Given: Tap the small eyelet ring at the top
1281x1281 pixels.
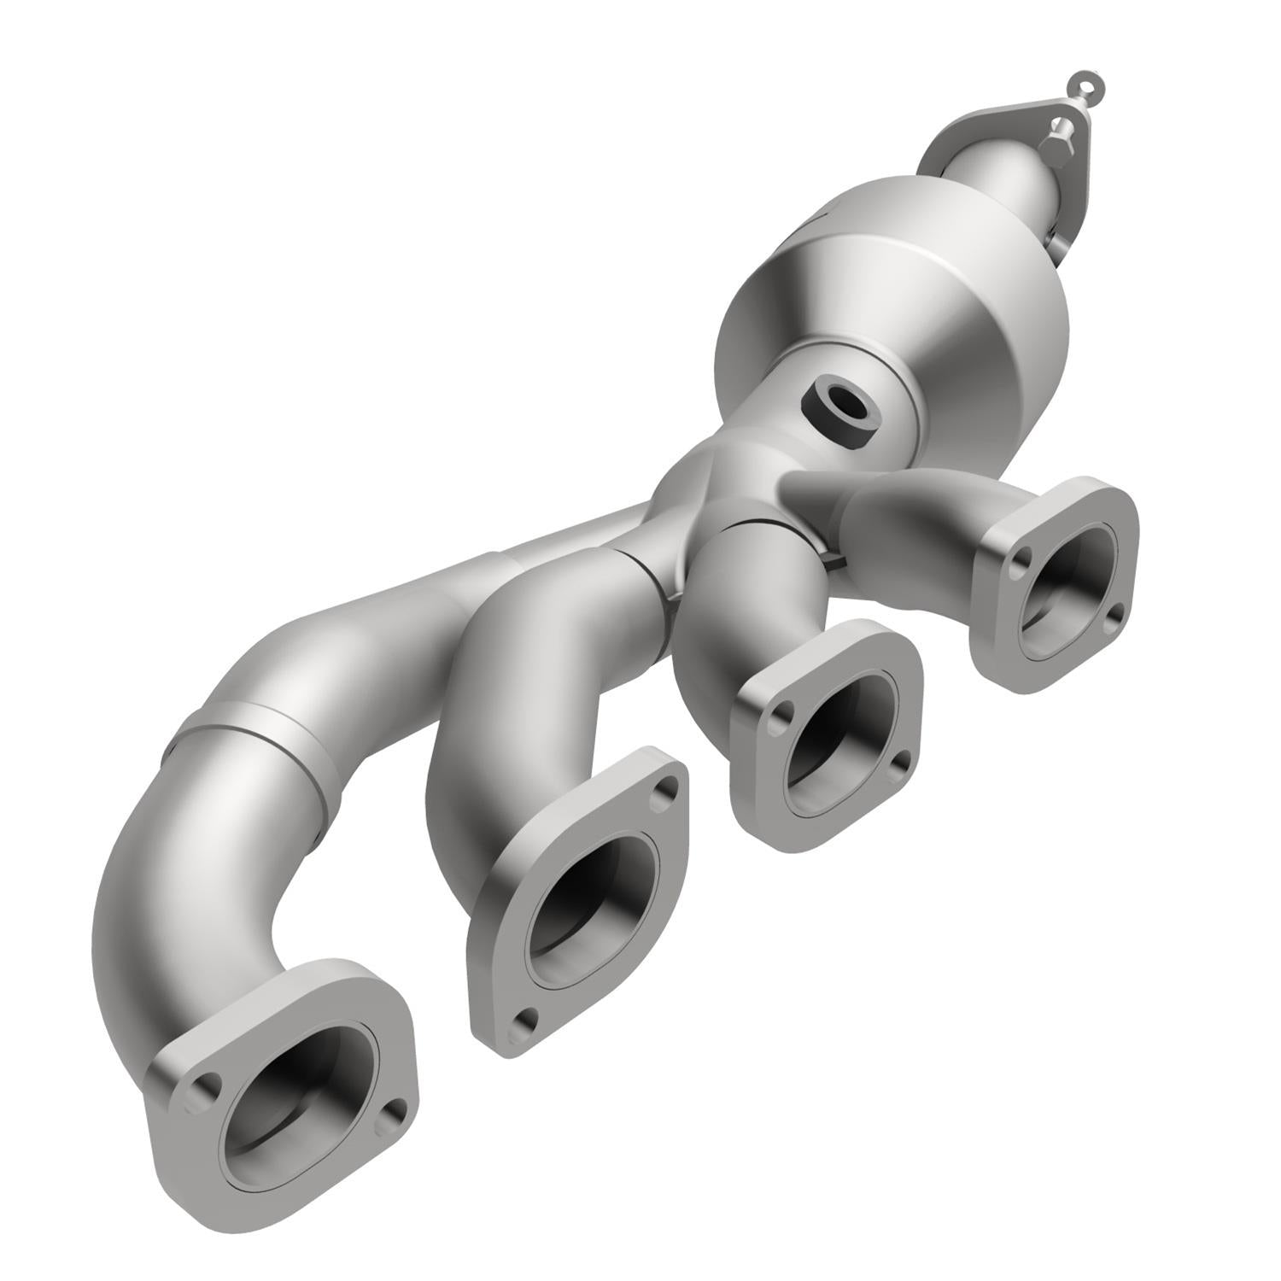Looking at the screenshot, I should point(1080,83).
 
